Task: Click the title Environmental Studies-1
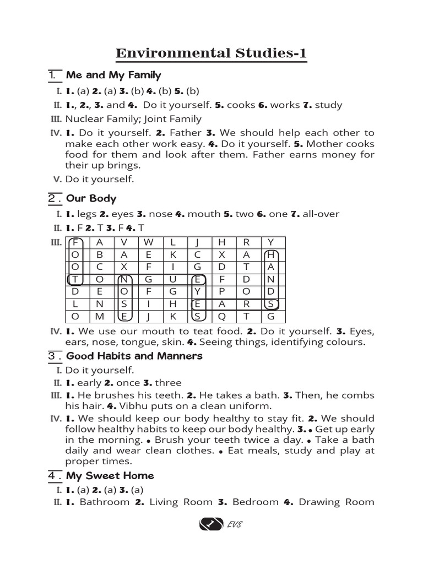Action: [x=211, y=53]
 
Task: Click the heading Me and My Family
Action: [x=113, y=75]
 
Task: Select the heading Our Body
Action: [x=91, y=198]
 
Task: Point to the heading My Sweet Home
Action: [x=110, y=475]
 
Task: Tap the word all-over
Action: [x=321, y=214]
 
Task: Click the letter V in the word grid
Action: [x=124, y=242]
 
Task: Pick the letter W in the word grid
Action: [x=149, y=242]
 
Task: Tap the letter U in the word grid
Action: [x=173, y=279]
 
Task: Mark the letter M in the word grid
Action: [x=100, y=316]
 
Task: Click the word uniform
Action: [x=250, y=406]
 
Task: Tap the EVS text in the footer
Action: [x=234, y=524]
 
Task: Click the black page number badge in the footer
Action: [x=210, y=524]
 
